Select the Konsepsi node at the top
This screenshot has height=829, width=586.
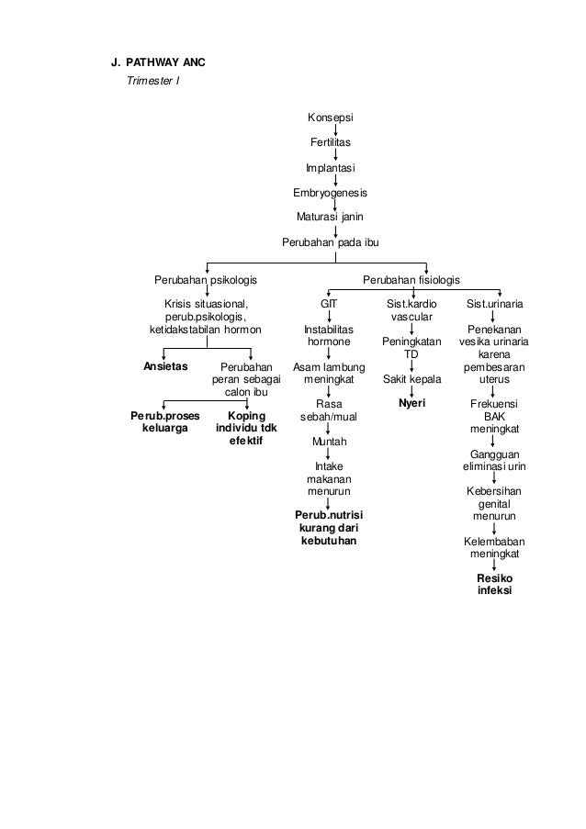330,118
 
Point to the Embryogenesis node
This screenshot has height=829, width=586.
329,193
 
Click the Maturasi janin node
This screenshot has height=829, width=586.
329,218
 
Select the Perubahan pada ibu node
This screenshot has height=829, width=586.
329,242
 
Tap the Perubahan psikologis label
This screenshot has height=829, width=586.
205,279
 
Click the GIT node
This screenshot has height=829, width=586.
329,303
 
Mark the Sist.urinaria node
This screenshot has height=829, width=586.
495,303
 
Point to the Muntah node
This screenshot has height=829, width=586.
329,442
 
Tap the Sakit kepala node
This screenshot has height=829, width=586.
411,378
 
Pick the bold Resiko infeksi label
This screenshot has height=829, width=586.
495,585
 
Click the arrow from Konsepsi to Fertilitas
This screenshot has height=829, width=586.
334,130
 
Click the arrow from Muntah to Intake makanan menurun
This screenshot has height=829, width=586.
329,454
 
